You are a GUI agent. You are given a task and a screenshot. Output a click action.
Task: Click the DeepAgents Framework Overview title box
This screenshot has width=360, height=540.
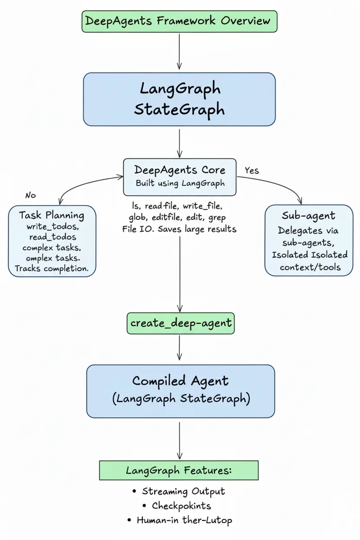click(179, 21)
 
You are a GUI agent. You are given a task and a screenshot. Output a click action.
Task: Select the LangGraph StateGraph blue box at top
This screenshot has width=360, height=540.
click(179, 99)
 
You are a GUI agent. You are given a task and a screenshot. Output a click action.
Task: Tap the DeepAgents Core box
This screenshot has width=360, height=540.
click(180, 176)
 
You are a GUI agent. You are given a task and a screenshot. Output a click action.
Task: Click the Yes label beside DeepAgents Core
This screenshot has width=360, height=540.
click(251, 170)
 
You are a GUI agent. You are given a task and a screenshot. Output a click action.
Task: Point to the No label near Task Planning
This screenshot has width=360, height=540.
click(30, 195)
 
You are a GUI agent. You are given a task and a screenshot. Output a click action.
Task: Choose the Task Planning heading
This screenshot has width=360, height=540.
click(51, 215)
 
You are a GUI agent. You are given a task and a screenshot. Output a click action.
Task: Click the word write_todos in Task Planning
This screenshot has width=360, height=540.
click(53, 227)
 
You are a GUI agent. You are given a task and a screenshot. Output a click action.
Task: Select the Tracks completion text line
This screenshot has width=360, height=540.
click(51, 268)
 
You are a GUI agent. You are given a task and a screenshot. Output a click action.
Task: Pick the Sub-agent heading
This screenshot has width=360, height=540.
click(308, 215)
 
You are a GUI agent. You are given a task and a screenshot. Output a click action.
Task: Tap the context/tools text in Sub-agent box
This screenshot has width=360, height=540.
click(310, 267)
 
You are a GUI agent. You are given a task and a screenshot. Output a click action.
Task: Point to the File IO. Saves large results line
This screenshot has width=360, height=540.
click(180, 229)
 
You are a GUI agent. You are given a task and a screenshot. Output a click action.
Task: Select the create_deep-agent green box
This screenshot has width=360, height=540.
click(180, 323)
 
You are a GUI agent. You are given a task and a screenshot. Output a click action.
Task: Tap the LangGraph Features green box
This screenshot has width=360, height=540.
click(179, 470)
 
